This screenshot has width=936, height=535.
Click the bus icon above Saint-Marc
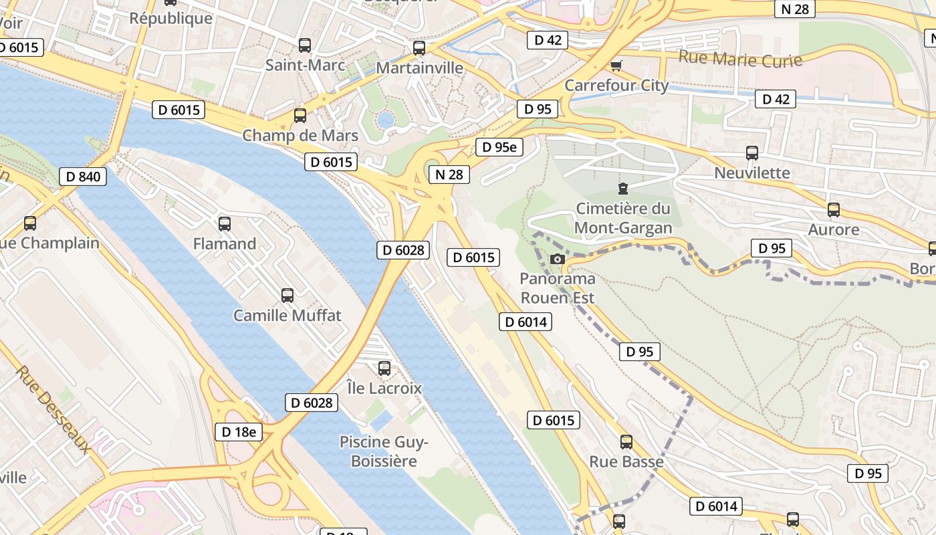click(305, 45)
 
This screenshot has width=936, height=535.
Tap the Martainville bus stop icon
click(419, 48)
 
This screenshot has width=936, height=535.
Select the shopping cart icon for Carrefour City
click(616, 66)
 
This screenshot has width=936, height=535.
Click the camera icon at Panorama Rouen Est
click(557, 259)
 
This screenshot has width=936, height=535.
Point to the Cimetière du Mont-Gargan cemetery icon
click(623, 189)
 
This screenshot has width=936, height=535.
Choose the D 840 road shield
click(83, 177)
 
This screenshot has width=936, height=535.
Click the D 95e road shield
click(499, 147)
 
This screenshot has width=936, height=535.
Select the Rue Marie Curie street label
click(740, 58)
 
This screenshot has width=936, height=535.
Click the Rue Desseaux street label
click(53, 409)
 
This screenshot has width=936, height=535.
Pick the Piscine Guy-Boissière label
click(384, 451)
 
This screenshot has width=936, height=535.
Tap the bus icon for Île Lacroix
click(384, 368)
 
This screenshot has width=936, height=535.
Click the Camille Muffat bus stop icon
click(287, 295)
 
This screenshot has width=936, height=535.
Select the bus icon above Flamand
click(225, 223)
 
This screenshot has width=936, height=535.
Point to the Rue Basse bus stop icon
click(626, 441)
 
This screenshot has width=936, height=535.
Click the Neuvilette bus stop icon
click(752, 153)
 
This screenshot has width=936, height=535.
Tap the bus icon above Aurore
click(834, 210)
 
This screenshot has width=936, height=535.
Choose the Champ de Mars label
click(300, 136)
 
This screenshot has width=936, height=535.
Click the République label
click(170, 18)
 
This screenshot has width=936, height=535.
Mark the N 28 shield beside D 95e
click(449, 175)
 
